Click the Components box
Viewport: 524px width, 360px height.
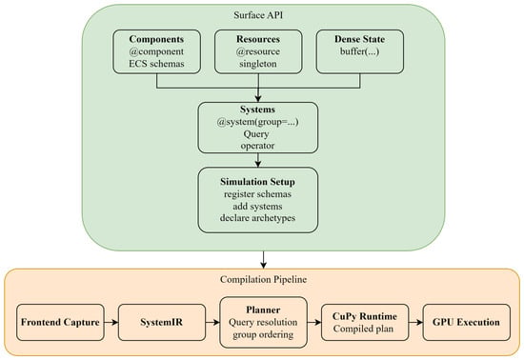[157, 51]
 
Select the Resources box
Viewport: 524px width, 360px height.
[258, 51]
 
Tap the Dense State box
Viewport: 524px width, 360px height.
[360, 51]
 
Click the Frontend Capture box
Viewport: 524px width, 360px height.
[60, 322]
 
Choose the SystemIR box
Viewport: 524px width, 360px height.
[162, 322]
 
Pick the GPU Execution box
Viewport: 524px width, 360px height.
[467, 322]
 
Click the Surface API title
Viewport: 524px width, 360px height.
[258, 15]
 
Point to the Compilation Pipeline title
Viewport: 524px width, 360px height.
[263, 279]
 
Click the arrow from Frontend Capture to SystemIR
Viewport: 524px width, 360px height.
[111, 322]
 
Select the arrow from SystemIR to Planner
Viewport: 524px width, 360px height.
[212, 322]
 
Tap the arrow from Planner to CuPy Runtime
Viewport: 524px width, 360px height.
[314, 322]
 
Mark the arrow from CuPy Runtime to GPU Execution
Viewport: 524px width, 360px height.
[415, 322]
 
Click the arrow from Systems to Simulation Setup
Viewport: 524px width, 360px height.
[257, 160]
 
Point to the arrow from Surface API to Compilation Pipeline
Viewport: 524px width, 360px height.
[263, 260]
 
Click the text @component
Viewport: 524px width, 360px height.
[157, 51]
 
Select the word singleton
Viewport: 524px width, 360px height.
[258, 64]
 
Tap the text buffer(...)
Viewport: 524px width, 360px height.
[360, 51]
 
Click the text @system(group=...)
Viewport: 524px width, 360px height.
[257, 122]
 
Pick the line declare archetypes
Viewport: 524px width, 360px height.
[257, 218]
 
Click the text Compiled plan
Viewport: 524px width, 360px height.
[363, 329]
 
